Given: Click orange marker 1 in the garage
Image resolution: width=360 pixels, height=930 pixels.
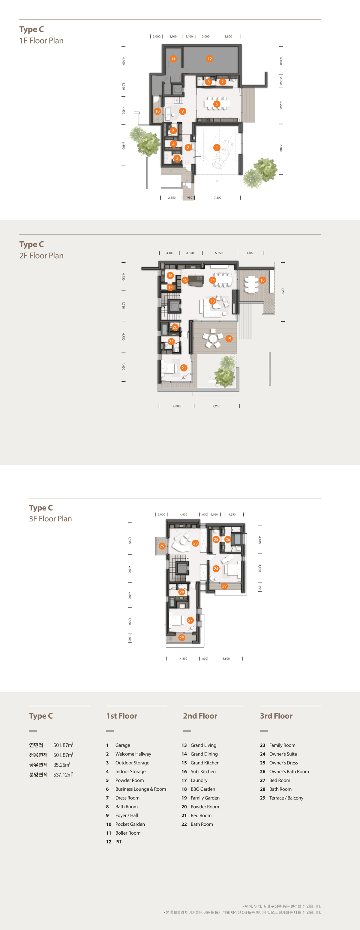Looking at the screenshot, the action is (x=217, y=148).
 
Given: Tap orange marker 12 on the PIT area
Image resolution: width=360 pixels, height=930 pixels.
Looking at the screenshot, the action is (x=209, y=59).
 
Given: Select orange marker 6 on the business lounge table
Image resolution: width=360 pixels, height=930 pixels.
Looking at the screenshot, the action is (x=217, y=104).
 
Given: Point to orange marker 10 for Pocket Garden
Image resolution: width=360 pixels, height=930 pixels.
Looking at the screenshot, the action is (x=157, y=111).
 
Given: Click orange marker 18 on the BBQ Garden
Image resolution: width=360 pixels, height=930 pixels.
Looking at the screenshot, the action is (x=262, y=280).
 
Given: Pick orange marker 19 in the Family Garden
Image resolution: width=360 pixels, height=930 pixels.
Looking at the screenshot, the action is (x=229, y=339).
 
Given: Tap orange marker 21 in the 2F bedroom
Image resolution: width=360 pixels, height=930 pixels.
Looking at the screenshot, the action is (x=184, y=368).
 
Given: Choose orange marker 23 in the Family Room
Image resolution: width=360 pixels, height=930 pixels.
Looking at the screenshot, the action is (x=195, y=543).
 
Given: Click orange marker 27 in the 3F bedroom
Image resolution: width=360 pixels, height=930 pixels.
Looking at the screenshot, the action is (x=190, y=620).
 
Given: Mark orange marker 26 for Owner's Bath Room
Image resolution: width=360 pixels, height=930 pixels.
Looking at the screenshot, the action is (x=227, y=539).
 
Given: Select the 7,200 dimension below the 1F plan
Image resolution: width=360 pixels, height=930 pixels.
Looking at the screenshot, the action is (x=218, y=198).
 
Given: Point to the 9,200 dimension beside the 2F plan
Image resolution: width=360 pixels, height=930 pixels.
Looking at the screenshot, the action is (x=283, y=291).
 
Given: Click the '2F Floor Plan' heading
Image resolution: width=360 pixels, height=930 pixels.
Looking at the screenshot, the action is (x=41, y=256).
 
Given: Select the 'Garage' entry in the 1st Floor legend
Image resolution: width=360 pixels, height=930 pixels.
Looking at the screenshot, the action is (x=123, y=745).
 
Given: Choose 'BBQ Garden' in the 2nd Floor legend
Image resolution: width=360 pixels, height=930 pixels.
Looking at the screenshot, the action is (x=203, y=789).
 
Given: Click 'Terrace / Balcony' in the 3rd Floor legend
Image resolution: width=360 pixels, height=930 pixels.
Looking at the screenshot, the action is (x=286, y=798).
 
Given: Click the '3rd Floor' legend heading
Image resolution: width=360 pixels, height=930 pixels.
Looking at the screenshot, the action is (x=276, y=716).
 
